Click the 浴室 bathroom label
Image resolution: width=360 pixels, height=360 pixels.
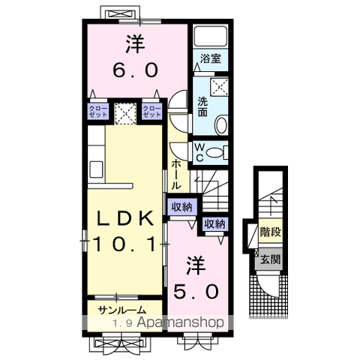[211, 59]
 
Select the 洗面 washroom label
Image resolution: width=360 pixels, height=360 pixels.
[202, 106]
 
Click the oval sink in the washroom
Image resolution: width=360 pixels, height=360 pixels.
[221, 124]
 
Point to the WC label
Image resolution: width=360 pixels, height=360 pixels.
[199, 153]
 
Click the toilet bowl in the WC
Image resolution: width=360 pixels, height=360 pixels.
[215, 152]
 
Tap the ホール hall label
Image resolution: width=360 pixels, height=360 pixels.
[175, 175]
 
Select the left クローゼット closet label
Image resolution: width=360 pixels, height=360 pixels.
[98, 112]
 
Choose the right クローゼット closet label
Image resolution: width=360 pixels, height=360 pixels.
[151, 112]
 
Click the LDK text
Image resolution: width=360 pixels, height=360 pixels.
[125, 218]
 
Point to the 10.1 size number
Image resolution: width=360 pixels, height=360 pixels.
[125, 244]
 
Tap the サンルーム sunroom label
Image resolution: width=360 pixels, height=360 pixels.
[121, 310]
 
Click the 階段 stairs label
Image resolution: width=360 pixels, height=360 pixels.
[270, 232]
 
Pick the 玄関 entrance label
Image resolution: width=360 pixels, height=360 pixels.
[270, 259]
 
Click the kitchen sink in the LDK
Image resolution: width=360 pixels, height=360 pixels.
[96, 169]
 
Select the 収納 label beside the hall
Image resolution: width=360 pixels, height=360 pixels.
[181, 207]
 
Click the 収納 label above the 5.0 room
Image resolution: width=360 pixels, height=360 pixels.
[214, 224]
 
